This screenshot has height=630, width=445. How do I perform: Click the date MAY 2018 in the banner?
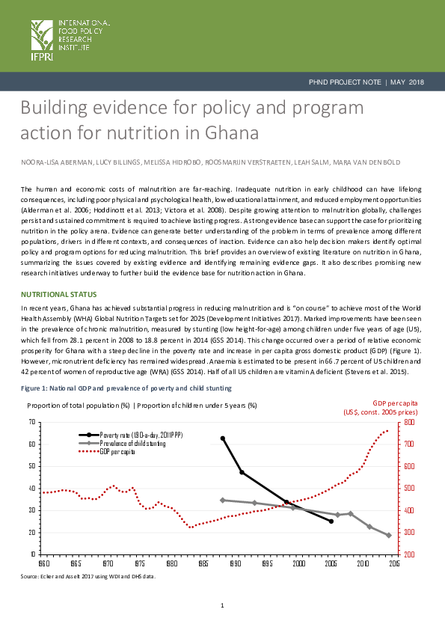(408, 82)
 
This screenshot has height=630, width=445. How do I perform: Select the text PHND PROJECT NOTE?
(345, 82)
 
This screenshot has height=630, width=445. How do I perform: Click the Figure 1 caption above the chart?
(126, 388)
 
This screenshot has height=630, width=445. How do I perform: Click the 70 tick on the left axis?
(32, 422)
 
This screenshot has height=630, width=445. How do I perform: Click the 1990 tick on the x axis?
(235, 562)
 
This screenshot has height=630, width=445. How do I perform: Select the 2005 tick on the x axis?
(331, 562)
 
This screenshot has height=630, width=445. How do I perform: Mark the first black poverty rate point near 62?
(222, 438)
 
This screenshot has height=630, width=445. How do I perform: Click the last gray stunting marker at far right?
(388, 535)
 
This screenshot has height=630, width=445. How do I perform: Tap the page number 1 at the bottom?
(222, 605)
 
